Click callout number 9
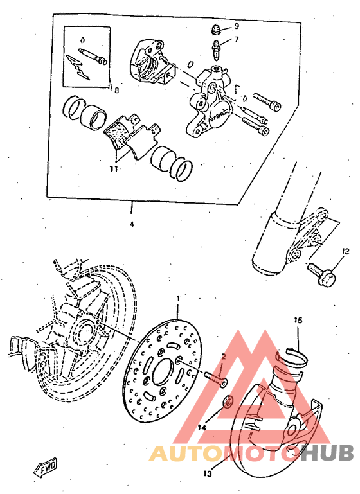236,26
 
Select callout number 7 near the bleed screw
236,39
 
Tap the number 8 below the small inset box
116,91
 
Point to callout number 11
113,170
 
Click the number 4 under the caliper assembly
131,225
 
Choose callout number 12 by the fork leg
345,251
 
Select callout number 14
202,427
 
